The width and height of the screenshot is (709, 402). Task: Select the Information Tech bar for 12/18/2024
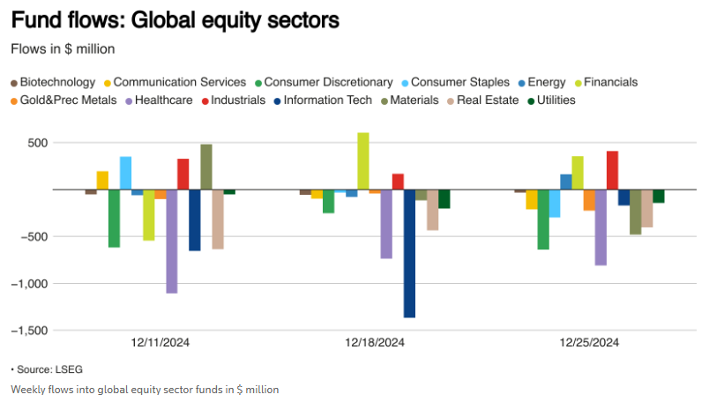[x=409, y=253]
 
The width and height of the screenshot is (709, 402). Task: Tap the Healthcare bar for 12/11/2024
[x=172, y=241]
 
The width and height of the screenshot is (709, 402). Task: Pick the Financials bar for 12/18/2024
[x=363, y=161]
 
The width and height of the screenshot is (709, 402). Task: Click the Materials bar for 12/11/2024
[x=206, y=167]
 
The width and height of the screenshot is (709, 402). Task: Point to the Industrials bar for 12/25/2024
[x=612, y=170]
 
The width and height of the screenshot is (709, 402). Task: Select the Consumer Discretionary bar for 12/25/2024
[x=543, y=219]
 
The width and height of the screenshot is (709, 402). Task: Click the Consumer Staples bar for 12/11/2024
[x=125, y=173]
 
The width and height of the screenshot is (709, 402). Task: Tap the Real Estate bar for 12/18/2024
[x=432, y=210]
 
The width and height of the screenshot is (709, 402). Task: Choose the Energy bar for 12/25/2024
[x=566, y=182]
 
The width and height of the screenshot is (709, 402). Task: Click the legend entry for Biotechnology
[x=57, y=82]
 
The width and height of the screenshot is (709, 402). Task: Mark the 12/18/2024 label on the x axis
[x=375, y=343]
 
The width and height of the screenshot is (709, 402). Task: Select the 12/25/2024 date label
[x=589, y=343]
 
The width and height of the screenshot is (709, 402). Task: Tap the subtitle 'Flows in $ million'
[x=63, y=48]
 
